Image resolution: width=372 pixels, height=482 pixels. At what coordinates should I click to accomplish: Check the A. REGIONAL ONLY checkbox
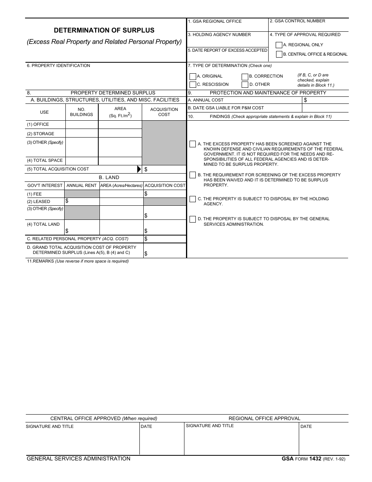coord(279,45)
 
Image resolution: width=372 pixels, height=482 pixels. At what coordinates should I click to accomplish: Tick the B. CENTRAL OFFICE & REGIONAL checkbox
coord(279,54)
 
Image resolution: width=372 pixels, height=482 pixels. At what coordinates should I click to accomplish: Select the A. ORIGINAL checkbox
coord(192,76)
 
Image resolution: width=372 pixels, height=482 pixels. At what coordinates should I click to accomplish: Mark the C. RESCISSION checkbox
coord(192,85)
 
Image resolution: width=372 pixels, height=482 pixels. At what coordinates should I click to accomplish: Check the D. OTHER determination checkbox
coord(245,85)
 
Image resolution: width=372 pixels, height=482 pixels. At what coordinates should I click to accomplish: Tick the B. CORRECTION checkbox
coord(245,76)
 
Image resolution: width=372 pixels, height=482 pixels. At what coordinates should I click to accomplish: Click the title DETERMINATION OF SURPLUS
coord(104,30)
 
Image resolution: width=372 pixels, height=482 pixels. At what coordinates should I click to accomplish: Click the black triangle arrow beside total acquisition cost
coord(139,169)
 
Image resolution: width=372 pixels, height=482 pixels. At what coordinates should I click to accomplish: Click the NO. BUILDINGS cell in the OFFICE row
coord(81,125)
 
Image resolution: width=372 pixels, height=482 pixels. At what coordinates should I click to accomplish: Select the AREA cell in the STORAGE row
coord(120,134)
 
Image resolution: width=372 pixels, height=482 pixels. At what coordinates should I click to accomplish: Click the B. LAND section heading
coord(109,178)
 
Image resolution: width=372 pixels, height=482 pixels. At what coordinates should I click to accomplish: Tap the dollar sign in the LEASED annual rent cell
coord(67,201)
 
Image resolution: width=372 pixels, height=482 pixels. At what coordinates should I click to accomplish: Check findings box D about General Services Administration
coord(192,219)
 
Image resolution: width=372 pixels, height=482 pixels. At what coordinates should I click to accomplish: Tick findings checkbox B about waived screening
coord(192,175)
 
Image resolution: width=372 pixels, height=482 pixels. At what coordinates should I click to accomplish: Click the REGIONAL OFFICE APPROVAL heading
coord(264,419)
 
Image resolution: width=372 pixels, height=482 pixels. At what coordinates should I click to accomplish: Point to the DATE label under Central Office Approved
coord(146,426)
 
